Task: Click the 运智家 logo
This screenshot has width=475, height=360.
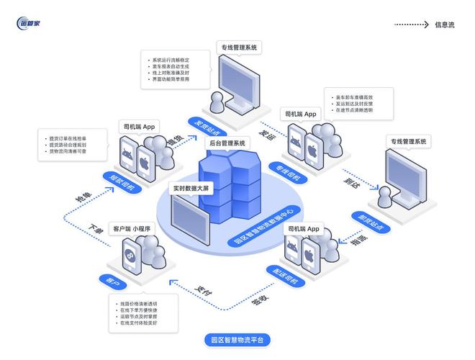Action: tap(29, 24)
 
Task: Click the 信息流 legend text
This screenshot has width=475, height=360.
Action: tap(444, 25)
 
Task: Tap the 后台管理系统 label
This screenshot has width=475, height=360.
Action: tap(227, 143)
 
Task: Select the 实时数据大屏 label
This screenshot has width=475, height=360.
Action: tap(191, 189)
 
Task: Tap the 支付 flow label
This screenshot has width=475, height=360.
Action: tap(204, 292)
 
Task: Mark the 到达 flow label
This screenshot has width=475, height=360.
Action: tap(350, 184)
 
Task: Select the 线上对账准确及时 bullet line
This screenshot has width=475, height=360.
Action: tap(171, 73)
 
